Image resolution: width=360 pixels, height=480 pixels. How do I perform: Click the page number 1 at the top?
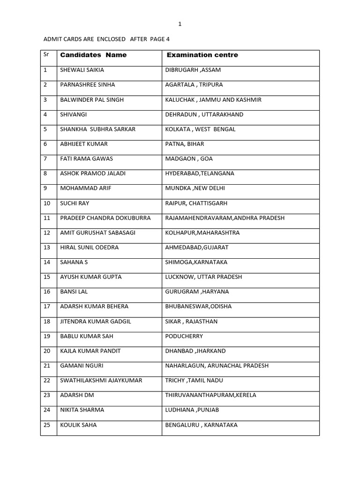point(180,24)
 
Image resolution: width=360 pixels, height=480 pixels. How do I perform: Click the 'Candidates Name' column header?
point(93,55)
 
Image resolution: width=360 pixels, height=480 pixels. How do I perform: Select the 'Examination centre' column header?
point(202,55)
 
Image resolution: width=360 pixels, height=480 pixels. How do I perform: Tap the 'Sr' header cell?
point(46,54)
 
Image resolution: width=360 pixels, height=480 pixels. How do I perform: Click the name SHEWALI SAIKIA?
point(82,70)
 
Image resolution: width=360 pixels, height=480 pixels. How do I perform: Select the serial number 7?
point(45,159)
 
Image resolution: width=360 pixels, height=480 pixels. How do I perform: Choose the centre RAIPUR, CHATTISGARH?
point(196,203)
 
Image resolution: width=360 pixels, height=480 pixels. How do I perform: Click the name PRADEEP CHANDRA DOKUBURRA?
point(105,218)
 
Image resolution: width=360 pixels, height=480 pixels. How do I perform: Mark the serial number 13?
point(46,247)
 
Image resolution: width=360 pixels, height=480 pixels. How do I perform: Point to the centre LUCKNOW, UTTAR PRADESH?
point(203,277)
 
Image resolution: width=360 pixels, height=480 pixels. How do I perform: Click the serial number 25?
point(46,425)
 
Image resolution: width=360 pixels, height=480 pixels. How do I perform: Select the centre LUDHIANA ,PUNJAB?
point(192,410)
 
